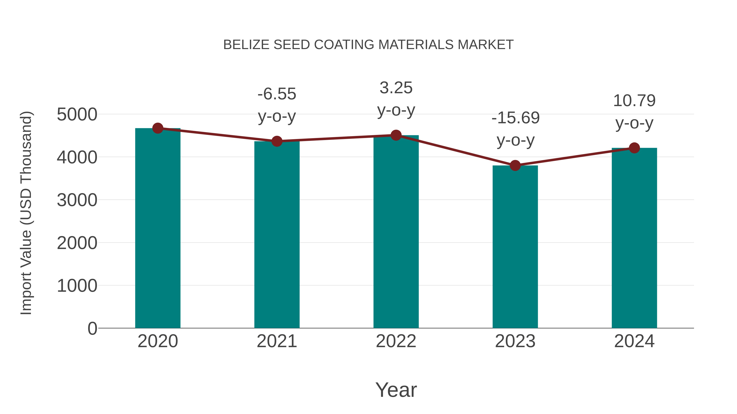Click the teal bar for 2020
(158, 229)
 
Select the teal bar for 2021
(277, 234)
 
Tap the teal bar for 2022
(396, 231)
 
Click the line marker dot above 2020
(158, 128)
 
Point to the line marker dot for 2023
(515, 165)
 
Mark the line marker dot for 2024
(634, 148)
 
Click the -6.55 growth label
(277, 94)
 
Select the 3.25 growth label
(396, 88)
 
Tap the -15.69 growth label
(515, 118)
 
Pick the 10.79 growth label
(634, 101)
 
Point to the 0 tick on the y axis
(92, 328)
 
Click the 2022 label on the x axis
(396, 341)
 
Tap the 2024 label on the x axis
(634, 341)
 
